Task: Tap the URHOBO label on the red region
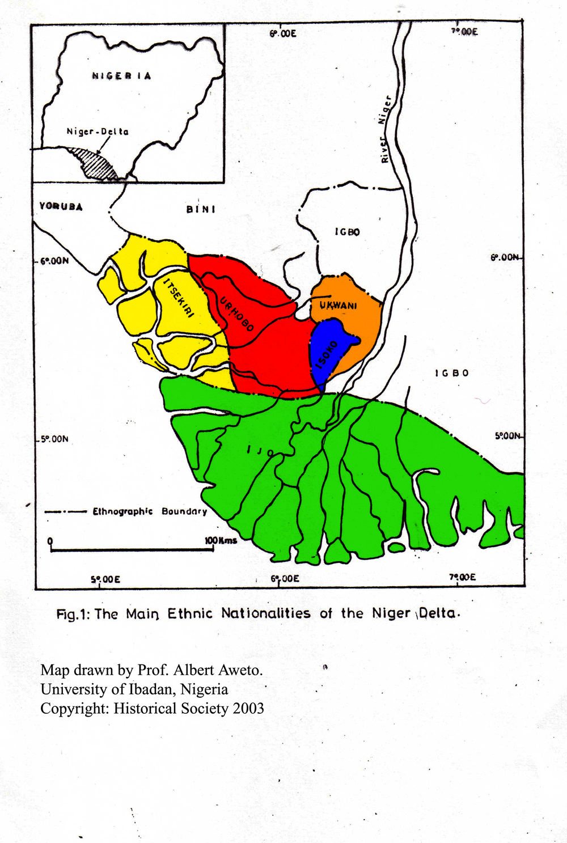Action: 236,314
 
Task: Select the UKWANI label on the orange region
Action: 338,306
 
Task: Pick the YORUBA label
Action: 61,206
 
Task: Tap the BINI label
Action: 201,209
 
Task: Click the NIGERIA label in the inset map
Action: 121,76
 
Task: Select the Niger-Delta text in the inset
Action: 98,132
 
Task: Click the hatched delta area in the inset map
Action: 94,164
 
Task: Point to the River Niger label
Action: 385,129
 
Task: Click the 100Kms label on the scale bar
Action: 221,540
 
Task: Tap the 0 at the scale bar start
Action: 50,540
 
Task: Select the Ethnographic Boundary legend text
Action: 150,511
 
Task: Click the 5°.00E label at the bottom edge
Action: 105,579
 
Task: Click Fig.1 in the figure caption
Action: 73,614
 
